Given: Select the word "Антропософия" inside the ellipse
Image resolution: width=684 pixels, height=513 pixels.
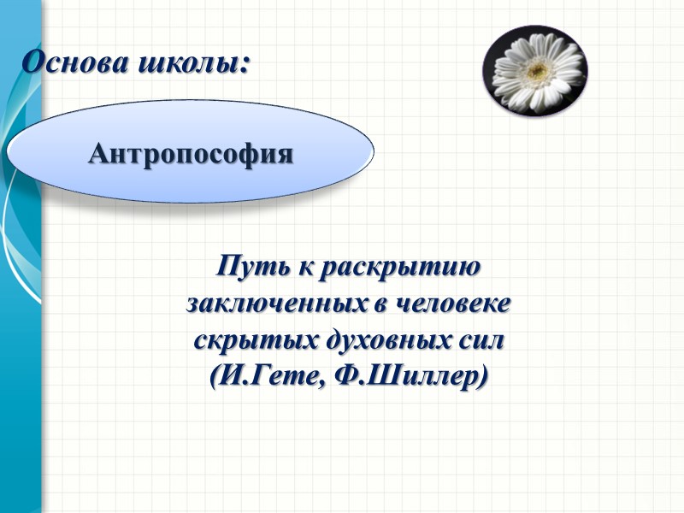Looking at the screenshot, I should [191, 154].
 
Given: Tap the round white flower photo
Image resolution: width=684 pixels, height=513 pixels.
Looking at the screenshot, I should [534, 71].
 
